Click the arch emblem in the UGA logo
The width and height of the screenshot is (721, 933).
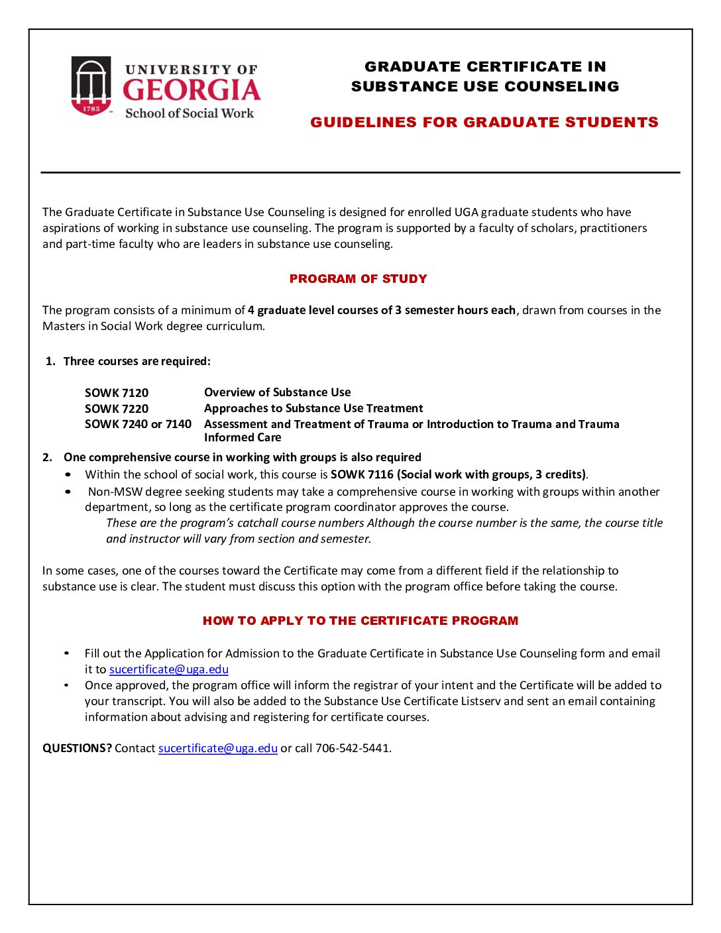[x=91, y=85]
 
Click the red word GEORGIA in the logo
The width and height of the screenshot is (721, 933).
[x=192, y=90]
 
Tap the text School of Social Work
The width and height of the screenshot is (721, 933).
[x=190, y=113]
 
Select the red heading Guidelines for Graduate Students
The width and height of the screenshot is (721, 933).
[x=484, y=123]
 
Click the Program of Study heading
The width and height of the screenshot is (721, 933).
[x=358, y=279]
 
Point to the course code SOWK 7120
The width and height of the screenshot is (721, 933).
[x=117, y=393]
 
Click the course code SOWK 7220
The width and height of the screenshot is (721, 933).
[x=117, y=409]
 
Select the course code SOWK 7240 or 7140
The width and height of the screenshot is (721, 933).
[x=138, y=424]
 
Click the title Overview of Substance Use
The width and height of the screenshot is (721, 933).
[x=277, y=392]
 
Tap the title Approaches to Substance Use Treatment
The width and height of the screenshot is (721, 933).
[x=313, y=408]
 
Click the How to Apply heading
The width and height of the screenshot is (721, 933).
[x=360, y=621]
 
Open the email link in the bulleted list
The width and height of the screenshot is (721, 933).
[x=168, y=669]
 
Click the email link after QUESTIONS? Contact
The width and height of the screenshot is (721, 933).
[x=217, y=748]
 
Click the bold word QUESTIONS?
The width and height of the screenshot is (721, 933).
[x=77, y=748]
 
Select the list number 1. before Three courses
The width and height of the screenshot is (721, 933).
[x=50, y=361]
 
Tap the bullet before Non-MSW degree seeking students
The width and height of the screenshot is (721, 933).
[x=68, y=492]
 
